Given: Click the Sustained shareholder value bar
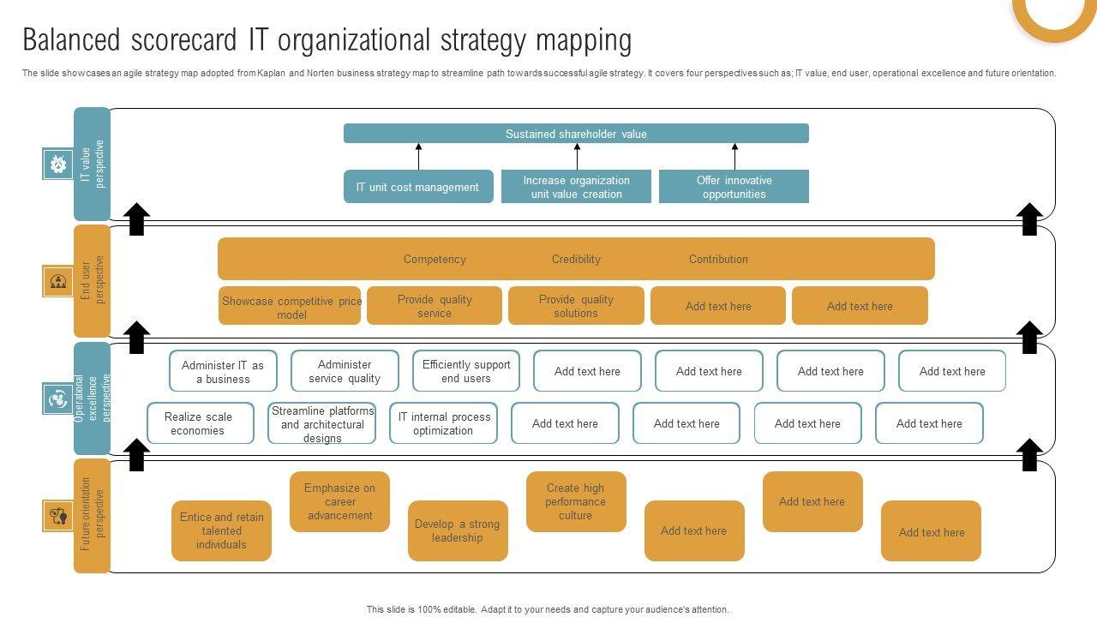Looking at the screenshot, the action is click(576, 134).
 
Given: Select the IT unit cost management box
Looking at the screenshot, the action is click(418, 187).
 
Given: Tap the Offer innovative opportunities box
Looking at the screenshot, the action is click(734, 187).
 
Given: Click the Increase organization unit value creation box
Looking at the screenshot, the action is click(576, 187).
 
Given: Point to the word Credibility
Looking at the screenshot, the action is click(576, 259).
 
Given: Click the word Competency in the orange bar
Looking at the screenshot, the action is click(435, 259).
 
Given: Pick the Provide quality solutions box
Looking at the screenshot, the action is click(576, 306).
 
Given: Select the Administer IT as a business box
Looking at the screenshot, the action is click(223, 371).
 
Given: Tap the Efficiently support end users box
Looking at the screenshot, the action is click(466, 371).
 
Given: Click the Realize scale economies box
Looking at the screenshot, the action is click(201, 423).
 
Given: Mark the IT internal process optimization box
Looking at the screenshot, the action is click(443, 423).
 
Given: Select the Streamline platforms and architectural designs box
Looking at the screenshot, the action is click(322, 423).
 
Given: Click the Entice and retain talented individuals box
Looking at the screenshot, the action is click(221, 530).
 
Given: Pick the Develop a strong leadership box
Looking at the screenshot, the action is click(458, 530).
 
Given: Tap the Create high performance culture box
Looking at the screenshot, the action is click(576, 501).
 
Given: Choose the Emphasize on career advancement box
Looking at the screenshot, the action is click(339, 501).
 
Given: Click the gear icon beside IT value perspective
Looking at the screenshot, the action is click(58, 164).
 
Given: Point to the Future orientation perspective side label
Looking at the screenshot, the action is click(92, 515).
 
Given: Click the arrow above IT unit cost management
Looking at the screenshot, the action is click(418, 156).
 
